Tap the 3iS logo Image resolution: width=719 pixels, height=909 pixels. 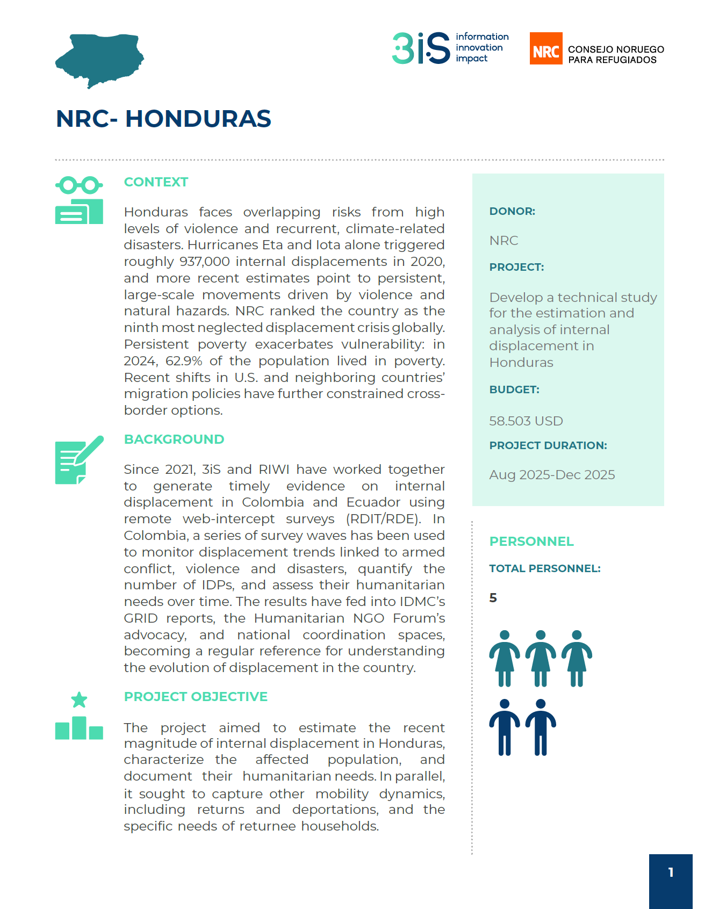coord(421,48)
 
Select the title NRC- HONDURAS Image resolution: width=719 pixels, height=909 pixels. coord(163,119)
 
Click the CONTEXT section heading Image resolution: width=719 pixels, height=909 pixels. coord(156,182)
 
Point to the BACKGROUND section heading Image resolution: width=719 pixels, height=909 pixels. coord(174,439)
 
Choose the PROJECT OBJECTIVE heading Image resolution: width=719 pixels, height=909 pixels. coord(196,697)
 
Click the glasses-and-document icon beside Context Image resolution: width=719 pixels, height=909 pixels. coord(79,200)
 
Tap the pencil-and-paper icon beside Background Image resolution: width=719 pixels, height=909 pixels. coord(79,460)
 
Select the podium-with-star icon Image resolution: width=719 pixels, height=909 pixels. coord(79,716)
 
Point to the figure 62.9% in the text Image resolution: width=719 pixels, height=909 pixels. coord(184,361)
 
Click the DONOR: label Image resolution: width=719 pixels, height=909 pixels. coord(512,211)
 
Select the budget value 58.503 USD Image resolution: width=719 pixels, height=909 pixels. coord(526,421)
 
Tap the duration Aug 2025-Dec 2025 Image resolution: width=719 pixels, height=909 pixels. coord(552,475)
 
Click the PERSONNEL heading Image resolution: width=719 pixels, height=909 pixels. coord(531,542)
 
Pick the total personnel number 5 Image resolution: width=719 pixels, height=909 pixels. coord(493,598)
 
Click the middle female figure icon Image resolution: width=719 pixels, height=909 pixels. coord(541,659)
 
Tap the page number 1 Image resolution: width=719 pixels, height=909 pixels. coord(671,872)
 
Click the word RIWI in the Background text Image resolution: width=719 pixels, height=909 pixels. coord(274,470)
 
